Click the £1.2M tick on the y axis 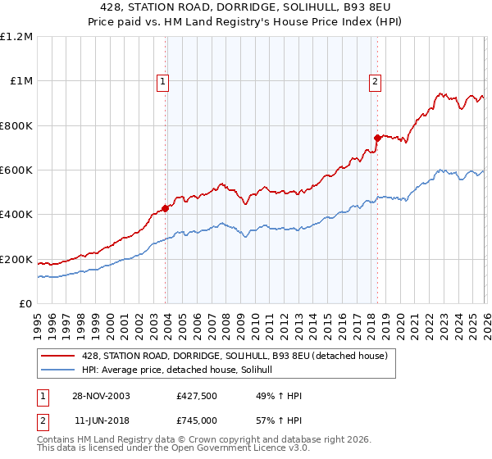click(16, 36)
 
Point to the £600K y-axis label click(16, 170)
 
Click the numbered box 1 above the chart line click(163, 81)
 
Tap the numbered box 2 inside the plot click(375, 81)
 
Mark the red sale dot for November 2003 click(166, 208)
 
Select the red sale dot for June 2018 click(377, 138)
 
